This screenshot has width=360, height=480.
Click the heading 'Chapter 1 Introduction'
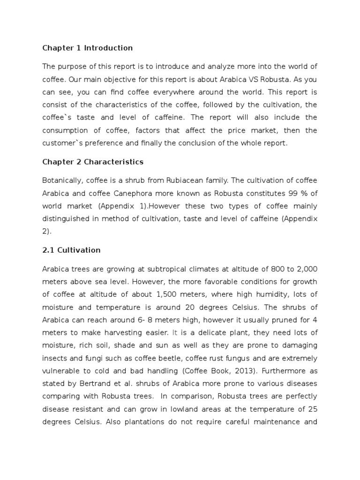click(88, 48)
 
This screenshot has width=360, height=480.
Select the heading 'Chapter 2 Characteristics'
click(93, 162)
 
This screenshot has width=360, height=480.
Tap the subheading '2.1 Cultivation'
click(71, 250)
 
